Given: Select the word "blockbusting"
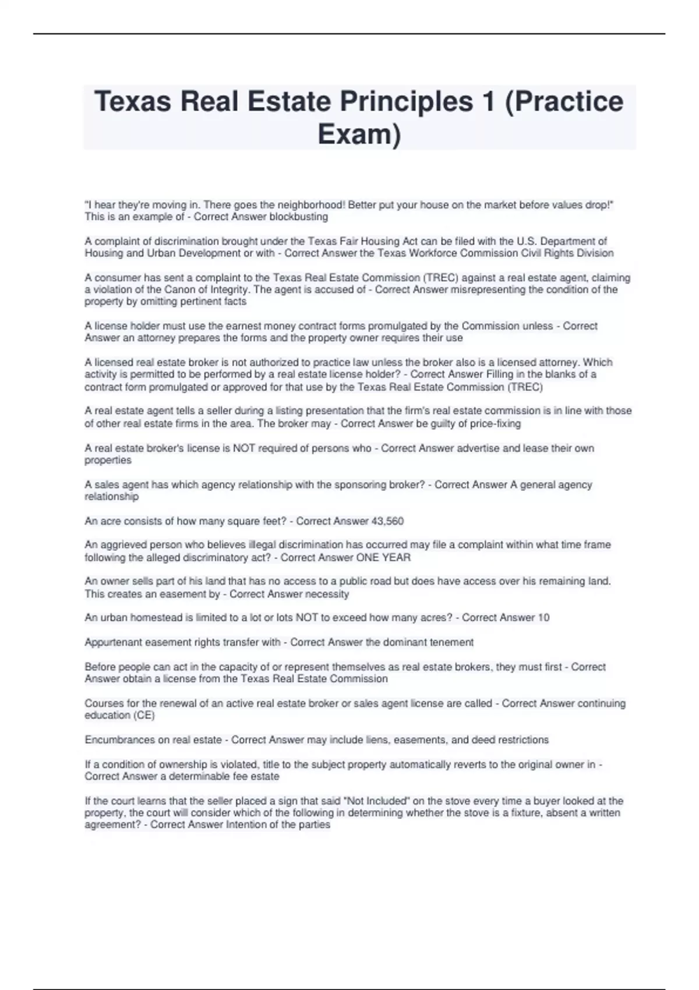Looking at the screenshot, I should click(299, 217).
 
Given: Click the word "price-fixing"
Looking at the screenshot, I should click(495, 424).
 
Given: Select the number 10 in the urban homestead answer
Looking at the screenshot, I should click(543, 618).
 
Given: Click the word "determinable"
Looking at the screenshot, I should click(202, 777).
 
